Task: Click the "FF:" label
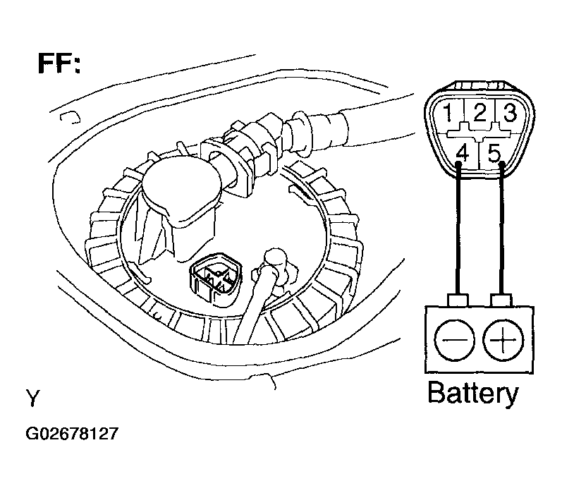tap(59, 63)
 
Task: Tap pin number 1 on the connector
tap(448, 111)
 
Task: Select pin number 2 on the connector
tap(479, 111)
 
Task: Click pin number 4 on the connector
tap(463, 152)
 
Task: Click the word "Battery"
tap(472, 393)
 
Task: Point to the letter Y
tap(32, 398)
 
